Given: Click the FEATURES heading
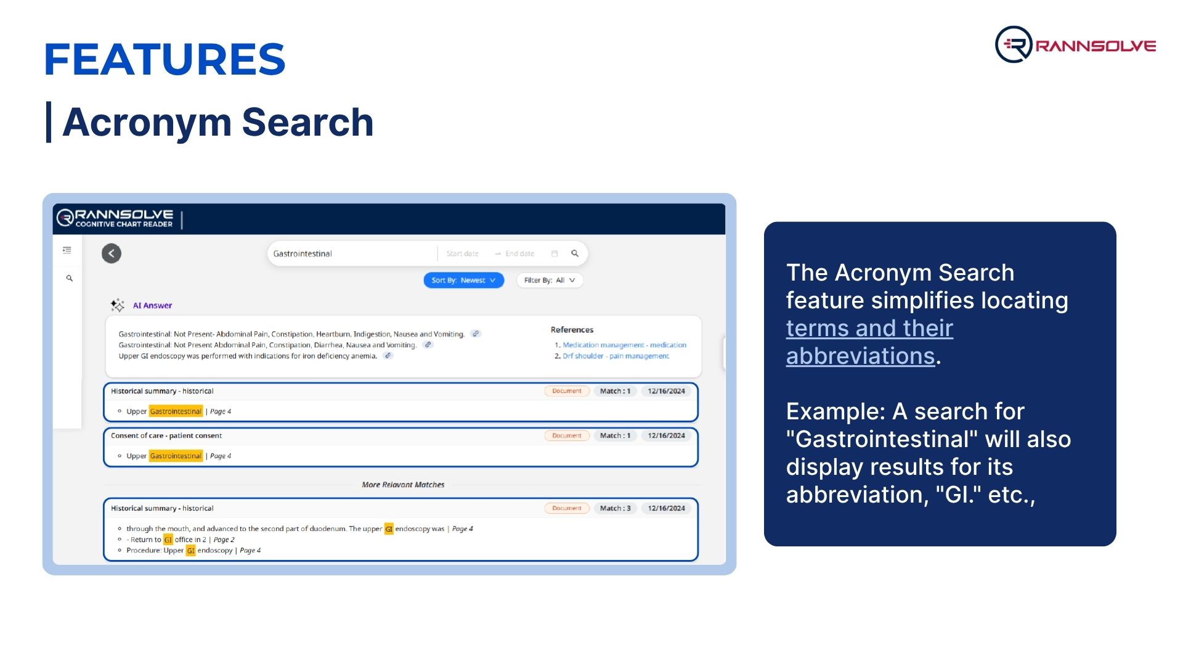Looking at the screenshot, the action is pyautogui.click(x=165, y=60).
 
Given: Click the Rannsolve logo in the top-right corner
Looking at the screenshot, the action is pyautogui.click(x=1075, y=44).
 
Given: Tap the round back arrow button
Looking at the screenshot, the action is pyautogui.click(x=112, y=253).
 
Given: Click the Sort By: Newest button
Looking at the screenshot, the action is pyautogui.click(x=464, y=280).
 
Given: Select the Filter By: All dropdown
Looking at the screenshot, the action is pyautogui.click(x=550, y=280).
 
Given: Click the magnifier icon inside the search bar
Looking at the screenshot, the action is pyautogui.click(x=575, y=253).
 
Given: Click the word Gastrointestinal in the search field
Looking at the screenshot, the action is pyautogui.click(x=303, y=253).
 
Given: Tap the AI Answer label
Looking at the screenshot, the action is pyautogui.click(x=152, y=305).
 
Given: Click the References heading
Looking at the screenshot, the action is pyautogui.click(x=572, y=330).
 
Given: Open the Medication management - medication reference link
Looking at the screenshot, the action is pyautogui.click(x=624, y=345).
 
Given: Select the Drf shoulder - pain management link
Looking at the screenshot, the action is pyautogui.click(x=616, y=356).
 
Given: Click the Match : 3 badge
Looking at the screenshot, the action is pyautogui.click(x=615, y=508).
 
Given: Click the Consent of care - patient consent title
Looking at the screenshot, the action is pyautogui.click(x=166, y=435).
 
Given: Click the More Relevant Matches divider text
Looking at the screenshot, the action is pyautogui.click(x=403, y=485).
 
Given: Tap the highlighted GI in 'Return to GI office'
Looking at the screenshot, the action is pyautogui.click(x=168, y=540).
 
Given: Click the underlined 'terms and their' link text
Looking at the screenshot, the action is pyautogui.click(x=869, y=328).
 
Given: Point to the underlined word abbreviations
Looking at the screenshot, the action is pyautogui.click(x=860, y=356).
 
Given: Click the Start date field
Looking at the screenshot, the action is pyautogui.click(x=462, y=253).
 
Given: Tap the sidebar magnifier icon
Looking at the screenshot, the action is pyautogui.click(x=70, y=278).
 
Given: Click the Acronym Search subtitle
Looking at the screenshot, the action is pyautogui.click(x=218, y=122).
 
